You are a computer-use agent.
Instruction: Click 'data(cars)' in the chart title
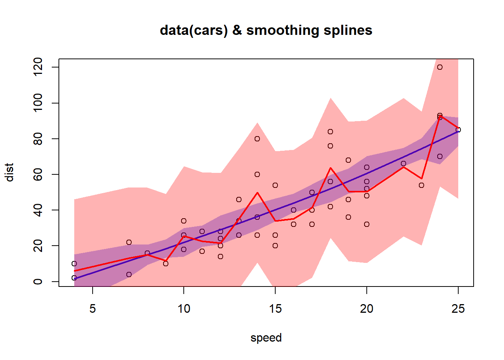[193, 30]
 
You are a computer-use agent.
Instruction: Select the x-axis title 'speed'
[266, 338]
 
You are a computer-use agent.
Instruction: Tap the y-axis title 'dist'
[10, 172]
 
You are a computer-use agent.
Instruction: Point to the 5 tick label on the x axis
[92, 309]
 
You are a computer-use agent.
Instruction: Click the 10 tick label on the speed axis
[184, 309]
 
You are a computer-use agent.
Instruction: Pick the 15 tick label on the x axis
[275, 309]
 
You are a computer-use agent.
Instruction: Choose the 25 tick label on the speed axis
[458, 309]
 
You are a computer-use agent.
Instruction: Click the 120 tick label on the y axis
[38, 67]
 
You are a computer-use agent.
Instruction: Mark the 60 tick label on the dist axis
[38, 174]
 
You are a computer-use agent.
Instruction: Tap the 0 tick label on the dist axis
[38, 282]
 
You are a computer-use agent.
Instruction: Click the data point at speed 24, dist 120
[440, 67]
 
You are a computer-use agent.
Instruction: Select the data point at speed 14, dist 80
[257, 139]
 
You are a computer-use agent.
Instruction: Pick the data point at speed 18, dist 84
[330, 132]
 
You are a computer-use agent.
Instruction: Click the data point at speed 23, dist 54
[421, 185]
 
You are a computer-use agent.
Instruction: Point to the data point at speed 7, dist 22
[129, 242]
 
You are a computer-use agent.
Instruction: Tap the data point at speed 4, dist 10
[74, 264]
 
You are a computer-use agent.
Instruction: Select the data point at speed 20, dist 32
[367, 224]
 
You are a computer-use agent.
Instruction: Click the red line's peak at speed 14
[257, 192]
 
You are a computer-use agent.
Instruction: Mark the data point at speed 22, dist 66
[403, 163]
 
